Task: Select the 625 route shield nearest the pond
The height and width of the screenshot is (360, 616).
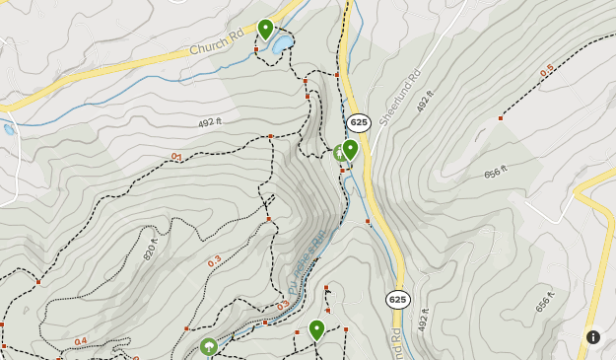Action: (359, 122)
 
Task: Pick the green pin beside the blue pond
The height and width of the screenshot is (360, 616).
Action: (265, 29)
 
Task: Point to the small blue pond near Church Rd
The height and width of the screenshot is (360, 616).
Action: (283, 44)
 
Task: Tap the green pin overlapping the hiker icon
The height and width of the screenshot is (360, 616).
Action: (350, 150)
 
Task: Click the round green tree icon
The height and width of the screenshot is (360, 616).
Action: (208, 346)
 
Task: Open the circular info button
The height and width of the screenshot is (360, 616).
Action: (593, 336)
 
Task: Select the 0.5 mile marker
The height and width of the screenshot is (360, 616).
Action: (547, 71)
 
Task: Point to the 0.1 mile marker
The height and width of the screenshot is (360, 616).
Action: (176, 157)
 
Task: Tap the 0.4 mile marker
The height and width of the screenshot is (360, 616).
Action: (81, 341)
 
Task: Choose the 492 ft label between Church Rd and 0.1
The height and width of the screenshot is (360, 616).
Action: (212, 123)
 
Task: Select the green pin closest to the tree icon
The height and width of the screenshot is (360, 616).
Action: (316, 329)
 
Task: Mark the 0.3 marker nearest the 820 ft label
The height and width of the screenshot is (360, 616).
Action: (214, 262)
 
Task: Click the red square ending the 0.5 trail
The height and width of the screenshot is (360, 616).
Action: (501, 118)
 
